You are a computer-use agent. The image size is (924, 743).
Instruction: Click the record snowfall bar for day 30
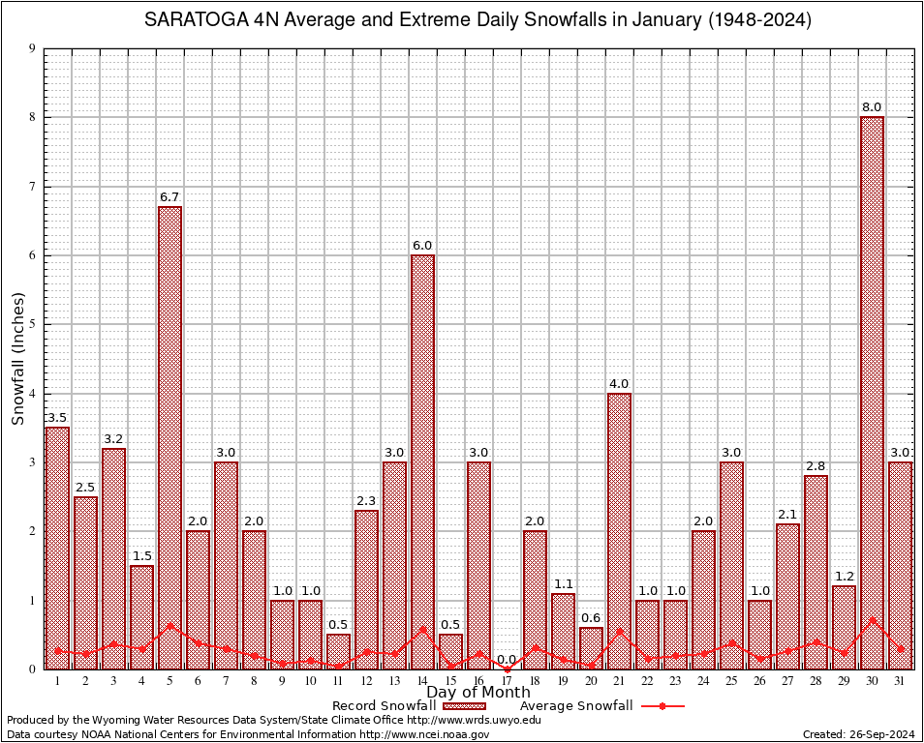coord(872,387)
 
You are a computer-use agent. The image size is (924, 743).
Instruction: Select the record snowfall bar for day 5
coord(169,435)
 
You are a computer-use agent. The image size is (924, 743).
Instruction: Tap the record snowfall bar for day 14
coord(422,455)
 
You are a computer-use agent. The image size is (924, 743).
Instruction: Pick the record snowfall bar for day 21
coord(619,522)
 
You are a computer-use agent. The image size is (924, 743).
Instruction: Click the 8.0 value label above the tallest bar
coord(872,106)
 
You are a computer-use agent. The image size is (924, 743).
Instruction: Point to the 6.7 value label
coord(169,196)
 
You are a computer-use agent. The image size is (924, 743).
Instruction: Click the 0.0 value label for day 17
coord(507,659)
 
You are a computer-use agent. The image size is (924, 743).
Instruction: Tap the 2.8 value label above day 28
coord(816,466)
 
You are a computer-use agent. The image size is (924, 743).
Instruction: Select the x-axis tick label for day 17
coord(507,681)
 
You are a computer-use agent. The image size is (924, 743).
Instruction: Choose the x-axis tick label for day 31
coord(900,681)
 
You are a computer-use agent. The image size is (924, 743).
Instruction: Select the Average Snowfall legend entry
coord(576,706)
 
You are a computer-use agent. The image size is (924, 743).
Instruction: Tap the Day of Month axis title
coord(477,693)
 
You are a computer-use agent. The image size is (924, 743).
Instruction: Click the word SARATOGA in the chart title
coord(191,20)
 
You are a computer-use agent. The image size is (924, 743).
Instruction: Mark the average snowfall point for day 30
coord(872,620)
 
